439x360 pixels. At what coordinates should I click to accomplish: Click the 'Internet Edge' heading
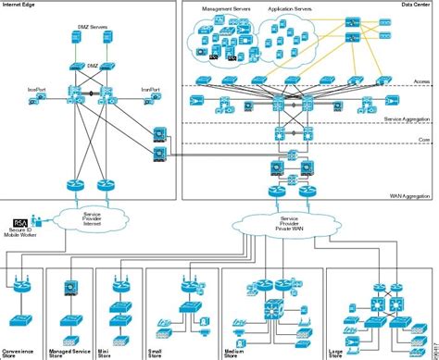pos(19,6)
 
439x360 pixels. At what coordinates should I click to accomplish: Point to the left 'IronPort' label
pos(38,89)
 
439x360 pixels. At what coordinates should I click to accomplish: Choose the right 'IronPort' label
pos(151,89)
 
